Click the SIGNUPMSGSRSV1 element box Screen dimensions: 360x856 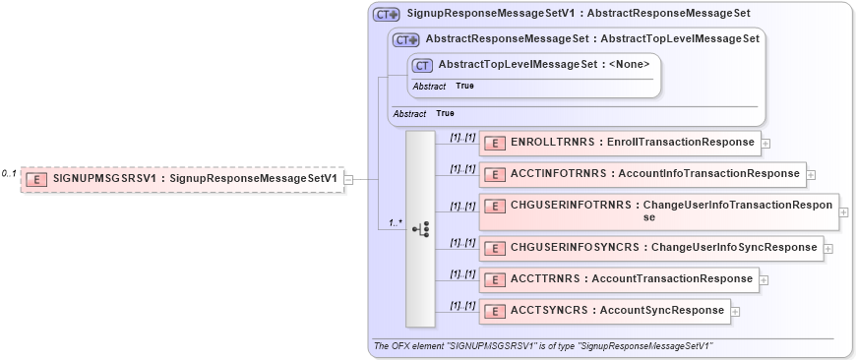(183, 179)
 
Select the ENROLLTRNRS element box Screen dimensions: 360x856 (620, 143)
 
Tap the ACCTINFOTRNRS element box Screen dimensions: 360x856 (642, 175)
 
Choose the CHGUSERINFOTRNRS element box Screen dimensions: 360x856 (658, 211)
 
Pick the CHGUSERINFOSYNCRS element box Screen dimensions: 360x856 (650, 247)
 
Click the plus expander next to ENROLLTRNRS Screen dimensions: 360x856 (766, 144)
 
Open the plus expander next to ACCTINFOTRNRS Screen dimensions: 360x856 (811, 176)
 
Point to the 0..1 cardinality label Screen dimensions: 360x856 (9, 174)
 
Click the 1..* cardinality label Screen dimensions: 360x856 (396, 223)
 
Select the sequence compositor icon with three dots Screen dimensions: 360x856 (421, 229)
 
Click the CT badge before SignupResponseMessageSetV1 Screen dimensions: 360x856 (385, 15)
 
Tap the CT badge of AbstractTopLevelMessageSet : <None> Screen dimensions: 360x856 (423, 65)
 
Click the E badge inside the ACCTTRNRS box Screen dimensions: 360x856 (496, 279)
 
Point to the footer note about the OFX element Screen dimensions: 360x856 (543, 347)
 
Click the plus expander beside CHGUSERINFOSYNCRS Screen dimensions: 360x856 (828, 248)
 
